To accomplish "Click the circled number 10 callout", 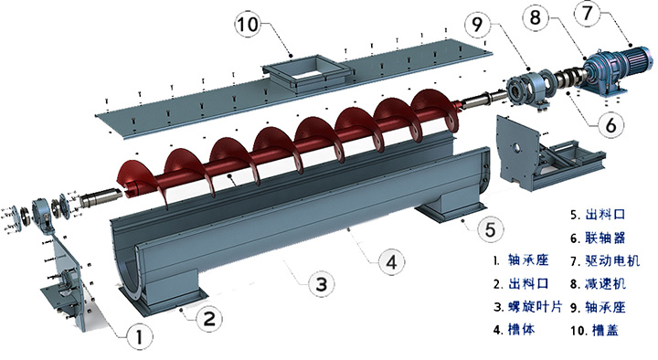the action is coord(248,24).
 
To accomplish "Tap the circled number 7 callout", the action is coord(588,13).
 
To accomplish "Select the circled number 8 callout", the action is coord(536,18).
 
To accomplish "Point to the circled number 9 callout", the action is coord(478,25).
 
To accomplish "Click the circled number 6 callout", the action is coord(611,124).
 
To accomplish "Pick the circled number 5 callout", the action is coord(491,229).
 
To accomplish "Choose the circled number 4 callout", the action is coord(391,262).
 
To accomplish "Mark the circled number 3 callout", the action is coord(321,284).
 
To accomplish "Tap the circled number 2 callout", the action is coord(209,318).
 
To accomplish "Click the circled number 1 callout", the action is coord(139,336).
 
